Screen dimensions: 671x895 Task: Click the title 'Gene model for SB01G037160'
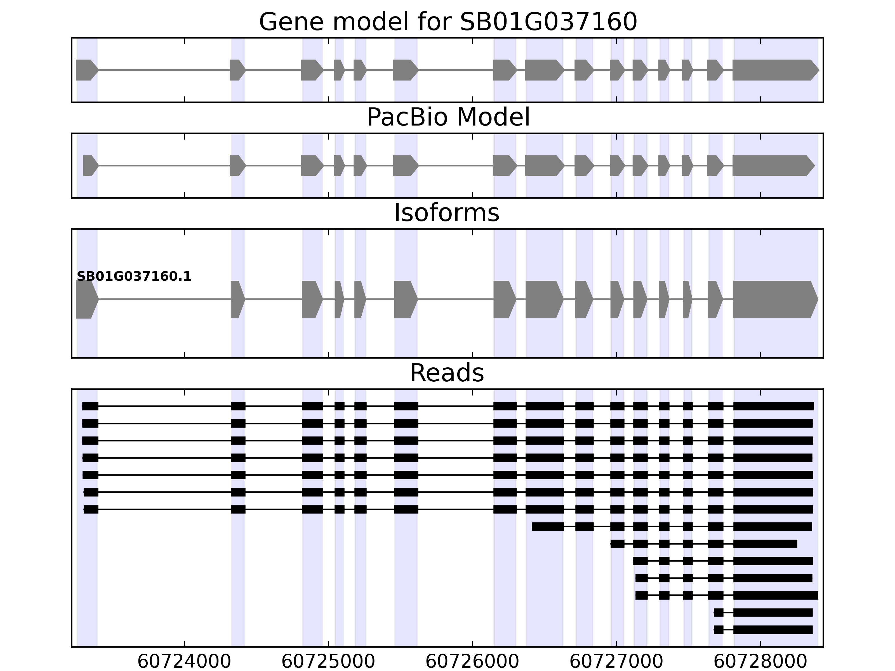tap(448, 22)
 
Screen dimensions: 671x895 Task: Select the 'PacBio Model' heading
tap(448, 117)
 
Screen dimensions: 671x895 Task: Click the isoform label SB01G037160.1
tap(134, 277)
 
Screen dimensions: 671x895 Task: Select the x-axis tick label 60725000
tap(328, 662)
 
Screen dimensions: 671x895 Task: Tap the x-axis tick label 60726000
tap(472, 662)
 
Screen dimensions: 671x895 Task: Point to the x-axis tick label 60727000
tap(616, 662)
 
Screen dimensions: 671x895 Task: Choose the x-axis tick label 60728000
tap(760, 662)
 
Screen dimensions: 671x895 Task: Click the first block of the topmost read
tap(90, 407)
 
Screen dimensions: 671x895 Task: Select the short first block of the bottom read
tap(718, 630)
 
